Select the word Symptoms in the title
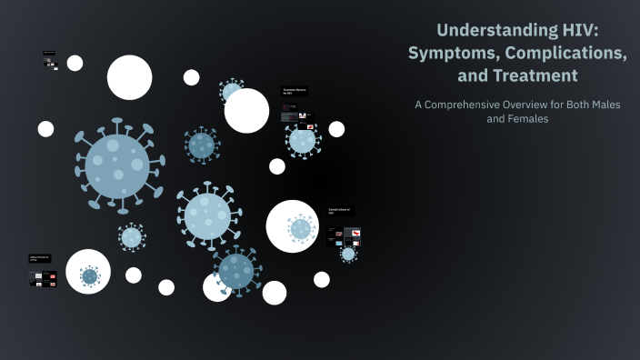click(x=450, y=54)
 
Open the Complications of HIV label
click(x=339, y=211)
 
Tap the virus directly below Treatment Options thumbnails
click(x=302, y=140)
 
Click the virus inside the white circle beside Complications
click(x=301, y=228)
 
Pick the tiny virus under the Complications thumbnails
click(x=348, y=255)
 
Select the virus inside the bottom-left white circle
click(x=89, y=275)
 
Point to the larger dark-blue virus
click(x=236, y=270)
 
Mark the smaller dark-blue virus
click(x=201, y=145)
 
